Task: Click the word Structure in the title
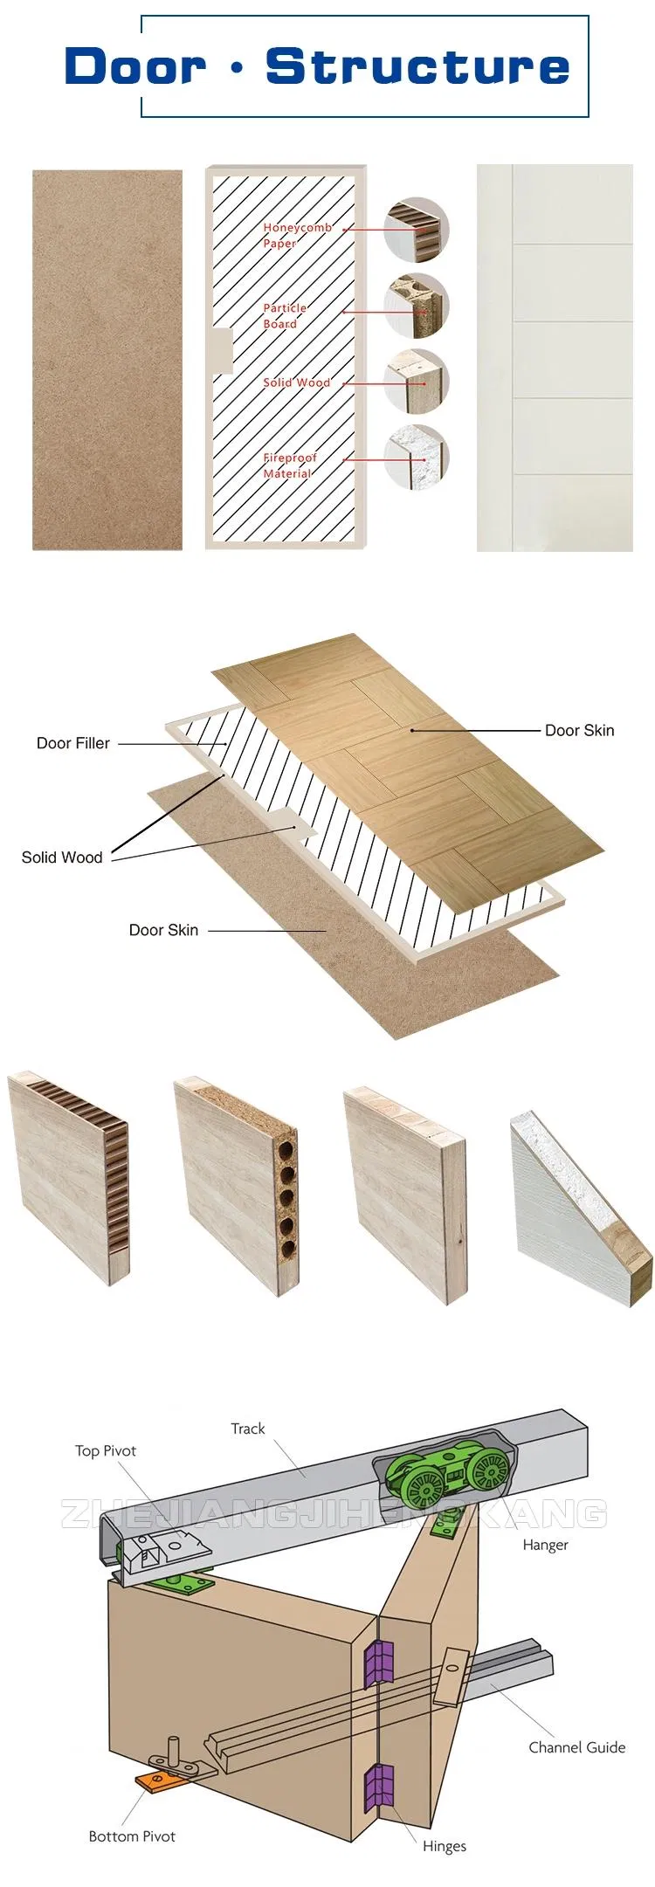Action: click(417, 67)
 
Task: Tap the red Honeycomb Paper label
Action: click(297, 235)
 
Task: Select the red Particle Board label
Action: click(285, 315)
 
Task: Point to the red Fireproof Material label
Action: click(290, 465)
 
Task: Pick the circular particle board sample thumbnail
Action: click(417, 305)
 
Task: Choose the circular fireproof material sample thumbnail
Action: click(417, 457)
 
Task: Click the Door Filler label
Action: click(73, 743)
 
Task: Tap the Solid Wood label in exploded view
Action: click(62, 857)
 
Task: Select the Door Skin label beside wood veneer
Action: click(579, 730)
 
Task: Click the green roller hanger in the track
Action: click(450, 1475)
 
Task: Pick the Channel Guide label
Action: click(576, 1747)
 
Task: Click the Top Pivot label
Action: click(106, 1450)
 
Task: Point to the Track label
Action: click(247, 1429)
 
